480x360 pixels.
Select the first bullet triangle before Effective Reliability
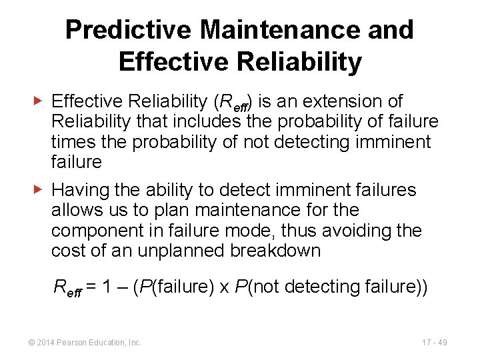(x=39, y=101)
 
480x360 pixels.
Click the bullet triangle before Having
(x=39, y=190)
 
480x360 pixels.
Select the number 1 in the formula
(x=108, y=287)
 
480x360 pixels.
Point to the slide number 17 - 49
(x=434, y=342)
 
